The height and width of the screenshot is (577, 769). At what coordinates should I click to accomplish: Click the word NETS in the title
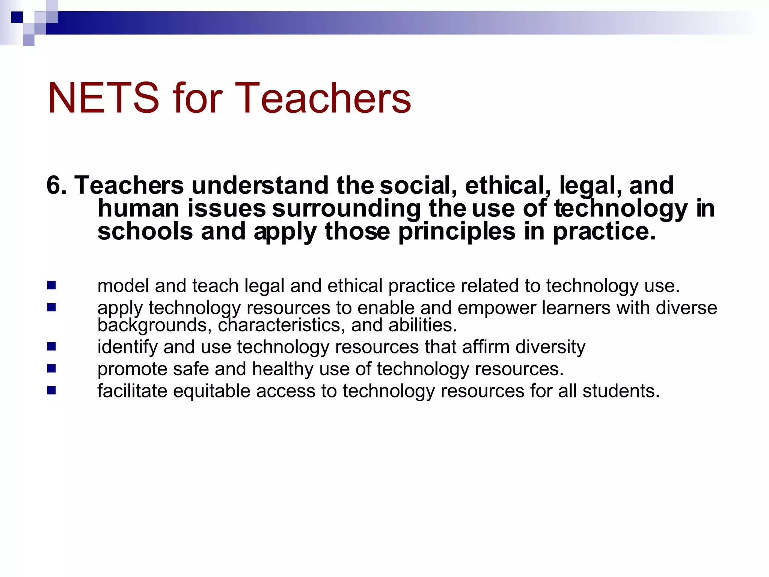104,98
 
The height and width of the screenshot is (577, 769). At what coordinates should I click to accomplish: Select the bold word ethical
505,185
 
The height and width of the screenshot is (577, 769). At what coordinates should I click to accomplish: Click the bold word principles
457,232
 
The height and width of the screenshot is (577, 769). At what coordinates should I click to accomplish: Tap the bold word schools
145,231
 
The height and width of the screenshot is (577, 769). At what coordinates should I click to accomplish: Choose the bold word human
138,208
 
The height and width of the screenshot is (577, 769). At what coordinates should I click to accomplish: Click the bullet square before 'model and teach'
52,285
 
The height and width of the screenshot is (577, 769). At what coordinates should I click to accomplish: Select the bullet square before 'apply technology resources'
52,308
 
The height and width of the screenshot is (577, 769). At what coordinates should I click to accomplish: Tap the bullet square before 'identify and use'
52,346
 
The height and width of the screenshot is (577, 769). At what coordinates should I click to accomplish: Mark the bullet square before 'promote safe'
52,369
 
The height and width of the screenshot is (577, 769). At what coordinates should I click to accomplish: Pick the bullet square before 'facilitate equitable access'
52,391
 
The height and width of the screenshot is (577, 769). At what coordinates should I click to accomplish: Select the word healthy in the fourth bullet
283,369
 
